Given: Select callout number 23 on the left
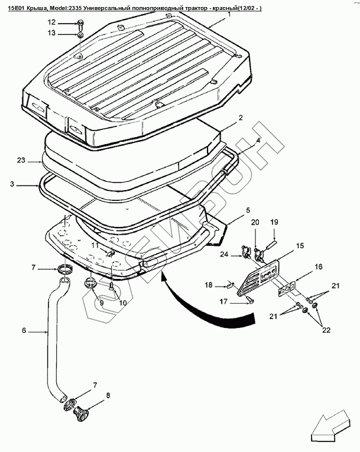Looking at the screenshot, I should (21, 160).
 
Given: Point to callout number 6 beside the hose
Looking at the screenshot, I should (24, 330).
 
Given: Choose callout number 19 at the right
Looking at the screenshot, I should (274, 222).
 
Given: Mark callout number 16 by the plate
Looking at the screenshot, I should (318, 267).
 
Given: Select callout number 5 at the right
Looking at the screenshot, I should (248, 210).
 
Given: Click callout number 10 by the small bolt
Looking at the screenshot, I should (123, 303).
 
